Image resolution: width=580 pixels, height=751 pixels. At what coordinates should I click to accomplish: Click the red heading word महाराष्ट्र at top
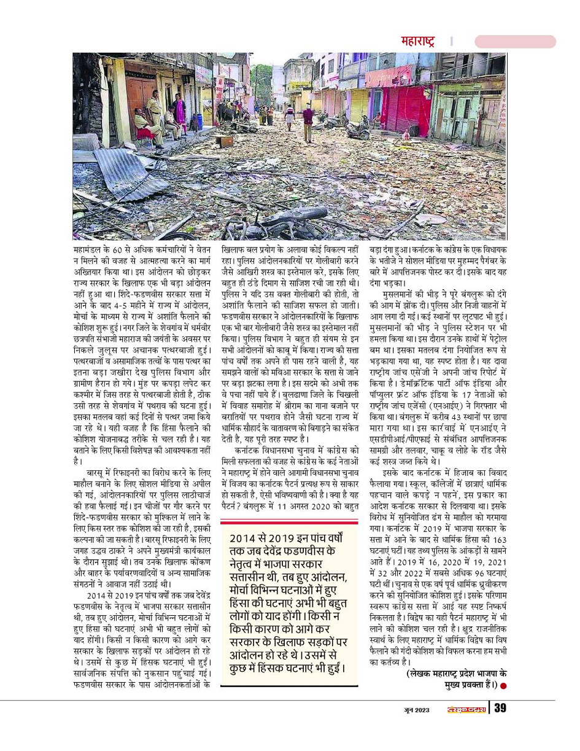click(x=417, y=42)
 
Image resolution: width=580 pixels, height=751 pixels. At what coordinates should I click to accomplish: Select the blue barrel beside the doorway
click(x=199, y=121)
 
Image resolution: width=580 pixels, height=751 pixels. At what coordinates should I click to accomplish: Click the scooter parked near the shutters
click(x=358, y=129)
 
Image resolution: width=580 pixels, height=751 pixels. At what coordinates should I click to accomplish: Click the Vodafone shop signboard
click(x=388, y=77)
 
